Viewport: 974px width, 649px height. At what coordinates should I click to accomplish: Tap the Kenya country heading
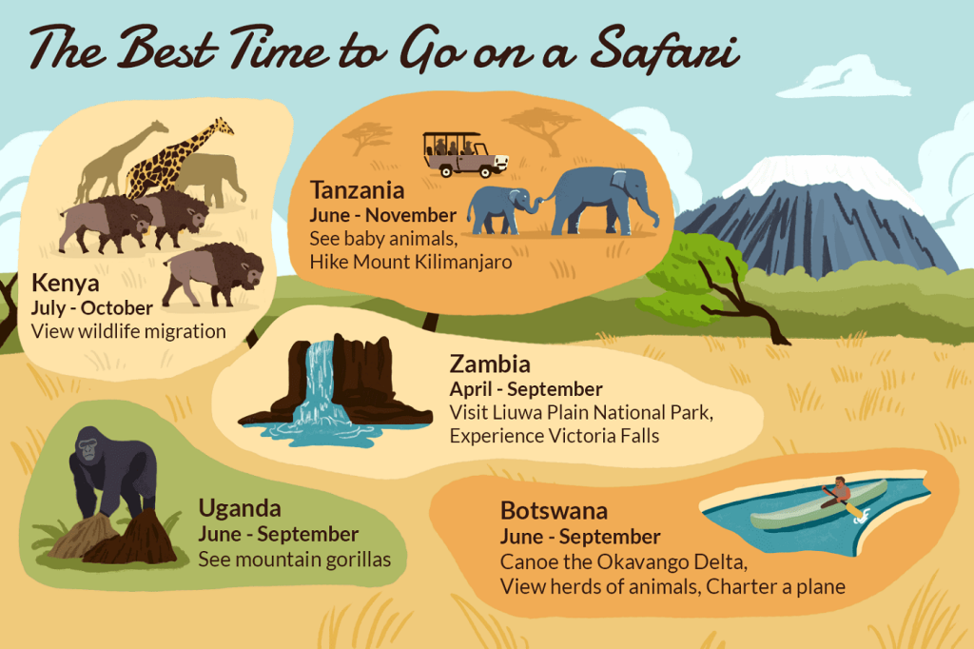click(x=65, y=284)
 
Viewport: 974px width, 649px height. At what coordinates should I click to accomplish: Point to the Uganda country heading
click(x=240, y=509)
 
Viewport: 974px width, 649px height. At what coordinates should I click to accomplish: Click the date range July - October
click(x=92, y=307)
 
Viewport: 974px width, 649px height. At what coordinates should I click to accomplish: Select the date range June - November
click(x=383, y=215)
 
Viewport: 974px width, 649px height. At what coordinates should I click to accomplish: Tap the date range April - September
click(x=526, y=389)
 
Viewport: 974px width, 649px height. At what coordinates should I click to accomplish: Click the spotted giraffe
click(x=181, y=157)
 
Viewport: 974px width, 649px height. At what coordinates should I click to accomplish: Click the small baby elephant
click(x=497, y=207)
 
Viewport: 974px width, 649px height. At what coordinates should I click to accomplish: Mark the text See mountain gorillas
click(x=294, y=559)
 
